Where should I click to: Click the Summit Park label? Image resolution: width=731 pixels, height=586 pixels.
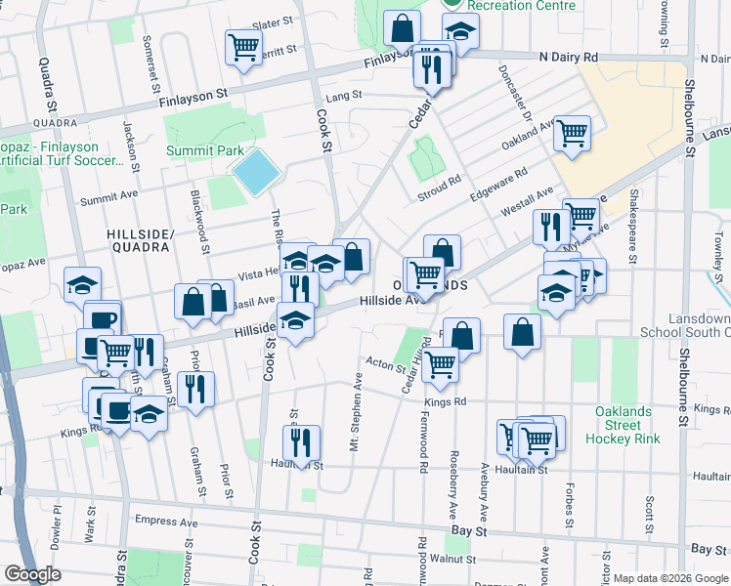[204, 151]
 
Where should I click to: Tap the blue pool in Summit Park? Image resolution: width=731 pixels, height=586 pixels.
[257, 173]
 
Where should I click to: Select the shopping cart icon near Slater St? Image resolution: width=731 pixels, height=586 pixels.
[243, 46]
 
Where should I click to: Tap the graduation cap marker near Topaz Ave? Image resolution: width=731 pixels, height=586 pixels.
[83, 284]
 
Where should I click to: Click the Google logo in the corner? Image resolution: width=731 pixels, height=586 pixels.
[32, 573]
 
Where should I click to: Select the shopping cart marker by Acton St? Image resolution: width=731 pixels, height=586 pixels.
[441, 364]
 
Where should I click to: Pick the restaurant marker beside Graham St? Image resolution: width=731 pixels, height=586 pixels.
[195, 388]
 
